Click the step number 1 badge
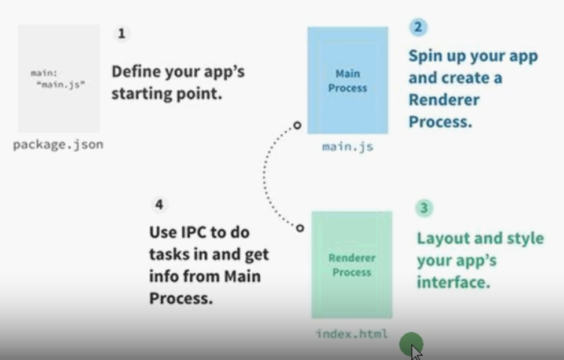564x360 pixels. [x=121, y=34]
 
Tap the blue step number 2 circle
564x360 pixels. [x=418, y=27]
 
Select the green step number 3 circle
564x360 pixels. [x=424, y=208]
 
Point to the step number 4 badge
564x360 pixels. [x=159, y=204]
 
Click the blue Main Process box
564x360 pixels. [x=348, y=80]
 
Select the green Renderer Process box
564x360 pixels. [x=352, y=265]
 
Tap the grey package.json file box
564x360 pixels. [x=58, y=78]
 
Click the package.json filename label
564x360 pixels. [x=58, y=145]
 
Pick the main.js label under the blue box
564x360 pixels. [x=348, y=146]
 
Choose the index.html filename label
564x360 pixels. [x=352, y=334]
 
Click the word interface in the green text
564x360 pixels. [x=452, y=282]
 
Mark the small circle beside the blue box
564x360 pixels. [x=297, y=125]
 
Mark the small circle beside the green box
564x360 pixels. [x=300, y=228]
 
